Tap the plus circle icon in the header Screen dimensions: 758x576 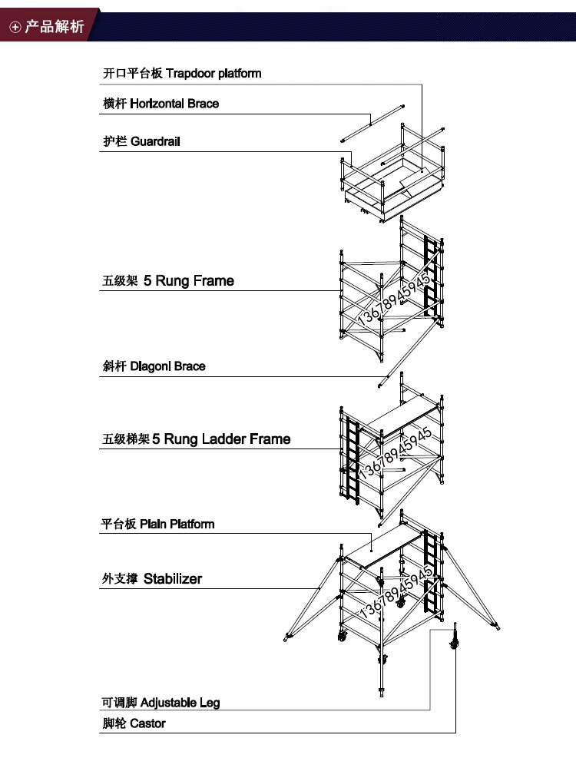click(15, 28)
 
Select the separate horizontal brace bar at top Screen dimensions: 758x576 click(373, 122)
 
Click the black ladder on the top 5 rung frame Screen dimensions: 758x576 click(431, 276)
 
